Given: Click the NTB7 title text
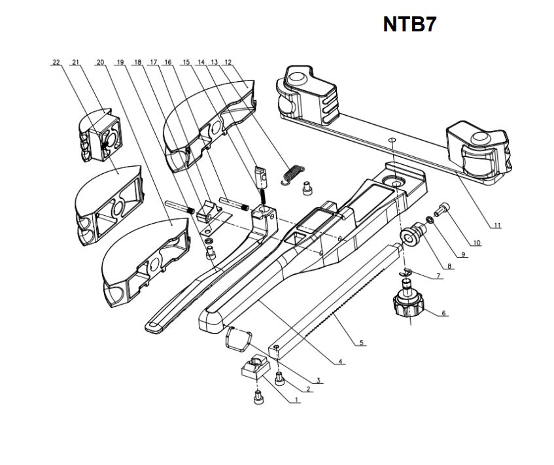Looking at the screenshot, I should click(409, 24).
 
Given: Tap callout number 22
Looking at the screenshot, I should click(56, 63).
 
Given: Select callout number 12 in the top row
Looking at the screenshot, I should click(228, 63).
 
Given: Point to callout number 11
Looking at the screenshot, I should click(497, 226).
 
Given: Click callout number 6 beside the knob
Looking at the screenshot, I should click(443, 314).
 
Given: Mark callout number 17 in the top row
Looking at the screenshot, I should click(154, 63).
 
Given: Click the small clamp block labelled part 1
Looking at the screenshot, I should click(253, 369).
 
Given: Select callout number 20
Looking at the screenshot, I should click(100, 63).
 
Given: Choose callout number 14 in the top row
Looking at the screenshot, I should click(201, 63).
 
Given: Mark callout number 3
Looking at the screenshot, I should click(317, 380).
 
